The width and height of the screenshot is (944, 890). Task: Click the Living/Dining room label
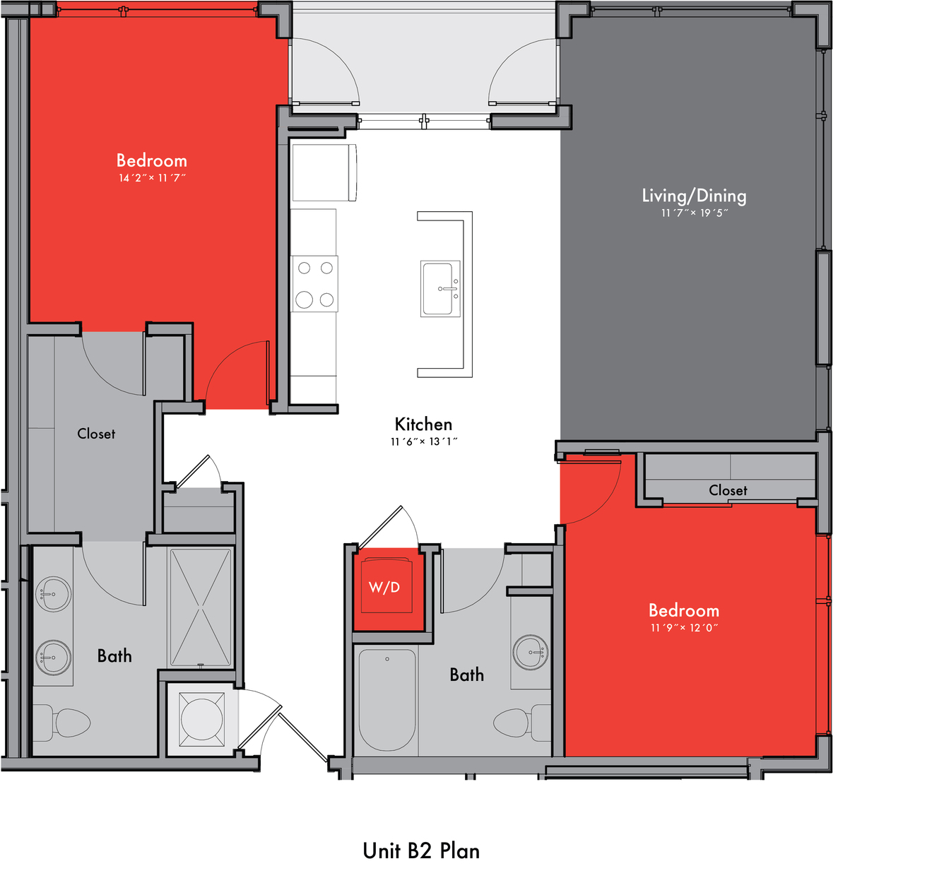693,196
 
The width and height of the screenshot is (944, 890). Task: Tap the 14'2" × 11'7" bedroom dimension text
152,178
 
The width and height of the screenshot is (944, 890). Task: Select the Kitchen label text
423,424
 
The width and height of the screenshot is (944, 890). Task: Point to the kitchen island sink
440,288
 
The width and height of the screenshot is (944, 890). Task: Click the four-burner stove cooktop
314,284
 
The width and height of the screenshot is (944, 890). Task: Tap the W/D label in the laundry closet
384,587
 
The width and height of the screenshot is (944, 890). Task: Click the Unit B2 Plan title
421,850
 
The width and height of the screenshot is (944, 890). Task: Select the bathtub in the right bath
387,700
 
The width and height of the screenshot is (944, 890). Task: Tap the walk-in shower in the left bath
200,607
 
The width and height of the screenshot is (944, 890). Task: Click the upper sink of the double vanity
53,594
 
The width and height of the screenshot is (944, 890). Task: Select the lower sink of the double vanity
53,658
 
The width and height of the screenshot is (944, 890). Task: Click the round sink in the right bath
531,653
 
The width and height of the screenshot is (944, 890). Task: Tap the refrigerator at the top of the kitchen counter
324,172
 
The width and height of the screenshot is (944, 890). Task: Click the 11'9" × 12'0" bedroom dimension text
683,628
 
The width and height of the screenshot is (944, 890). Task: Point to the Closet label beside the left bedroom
96,434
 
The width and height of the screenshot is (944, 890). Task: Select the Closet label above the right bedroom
728,490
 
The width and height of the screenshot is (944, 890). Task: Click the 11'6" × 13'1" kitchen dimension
423,441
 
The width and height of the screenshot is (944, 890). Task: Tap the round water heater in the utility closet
201,719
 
